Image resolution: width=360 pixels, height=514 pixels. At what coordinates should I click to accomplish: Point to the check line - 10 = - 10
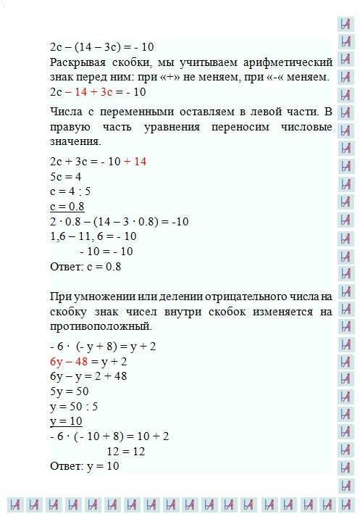[106, 251]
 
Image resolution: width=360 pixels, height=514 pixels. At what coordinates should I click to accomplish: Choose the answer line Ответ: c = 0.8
[85, 266]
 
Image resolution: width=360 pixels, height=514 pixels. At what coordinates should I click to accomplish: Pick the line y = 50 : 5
[74, 406]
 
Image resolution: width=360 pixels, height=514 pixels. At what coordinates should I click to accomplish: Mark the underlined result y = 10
[66, 421]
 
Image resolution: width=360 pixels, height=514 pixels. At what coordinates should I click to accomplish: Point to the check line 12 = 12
[127, 451]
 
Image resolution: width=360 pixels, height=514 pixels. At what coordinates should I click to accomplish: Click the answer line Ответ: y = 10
[85, 466]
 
